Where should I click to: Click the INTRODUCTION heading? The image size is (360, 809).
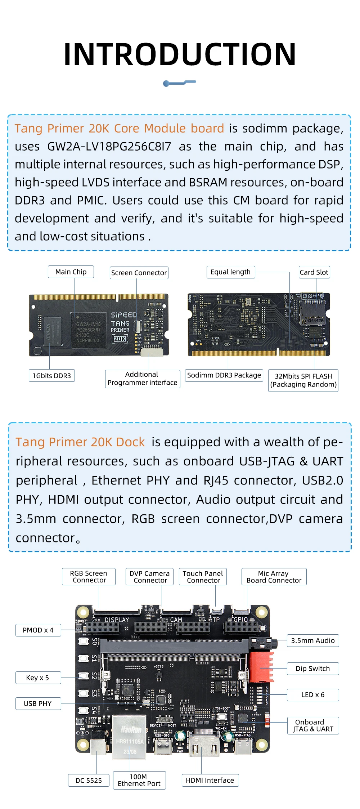[180, 54]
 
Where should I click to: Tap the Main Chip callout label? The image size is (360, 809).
[71, 272]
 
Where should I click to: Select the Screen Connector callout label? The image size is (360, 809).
[139, 273]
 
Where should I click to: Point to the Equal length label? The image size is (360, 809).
[230, 272]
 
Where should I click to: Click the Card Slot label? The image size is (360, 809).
[314, 272]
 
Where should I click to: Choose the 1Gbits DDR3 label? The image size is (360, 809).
[52, 376]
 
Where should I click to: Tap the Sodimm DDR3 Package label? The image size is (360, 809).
[224, 375]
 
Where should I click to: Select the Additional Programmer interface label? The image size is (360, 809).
[142, 379]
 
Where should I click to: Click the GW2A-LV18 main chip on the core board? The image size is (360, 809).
[89, 330]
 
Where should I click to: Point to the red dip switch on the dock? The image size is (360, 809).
[261, 667]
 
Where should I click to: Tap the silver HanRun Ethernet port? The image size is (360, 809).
[130, 737]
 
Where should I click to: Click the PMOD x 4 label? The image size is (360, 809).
[38, 630]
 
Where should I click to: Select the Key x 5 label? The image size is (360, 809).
[38, 678]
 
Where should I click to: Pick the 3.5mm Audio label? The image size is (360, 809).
[312, 640]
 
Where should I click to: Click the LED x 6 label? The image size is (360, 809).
[312, 695]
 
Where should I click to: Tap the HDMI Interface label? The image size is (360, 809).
[210, 780]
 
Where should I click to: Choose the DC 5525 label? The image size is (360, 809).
[89, 781]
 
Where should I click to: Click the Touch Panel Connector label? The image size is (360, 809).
[203, 577]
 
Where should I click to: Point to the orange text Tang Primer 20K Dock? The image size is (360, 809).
[80, 442]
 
